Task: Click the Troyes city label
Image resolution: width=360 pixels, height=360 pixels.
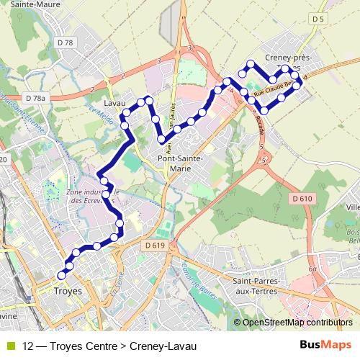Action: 68,291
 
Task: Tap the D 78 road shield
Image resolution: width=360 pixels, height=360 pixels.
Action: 65,43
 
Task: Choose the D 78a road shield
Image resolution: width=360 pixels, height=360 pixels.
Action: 35,98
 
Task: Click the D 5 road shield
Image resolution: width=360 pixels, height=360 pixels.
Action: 319,18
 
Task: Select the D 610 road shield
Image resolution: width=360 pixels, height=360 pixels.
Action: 302,198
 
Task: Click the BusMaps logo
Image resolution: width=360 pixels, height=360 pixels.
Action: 322,346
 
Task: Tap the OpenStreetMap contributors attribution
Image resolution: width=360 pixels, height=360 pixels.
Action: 297,323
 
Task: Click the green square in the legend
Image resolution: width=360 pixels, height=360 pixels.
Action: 9,346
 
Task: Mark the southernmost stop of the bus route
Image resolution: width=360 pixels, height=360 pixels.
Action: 61,275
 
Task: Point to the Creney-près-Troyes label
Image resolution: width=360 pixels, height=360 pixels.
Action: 289,61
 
